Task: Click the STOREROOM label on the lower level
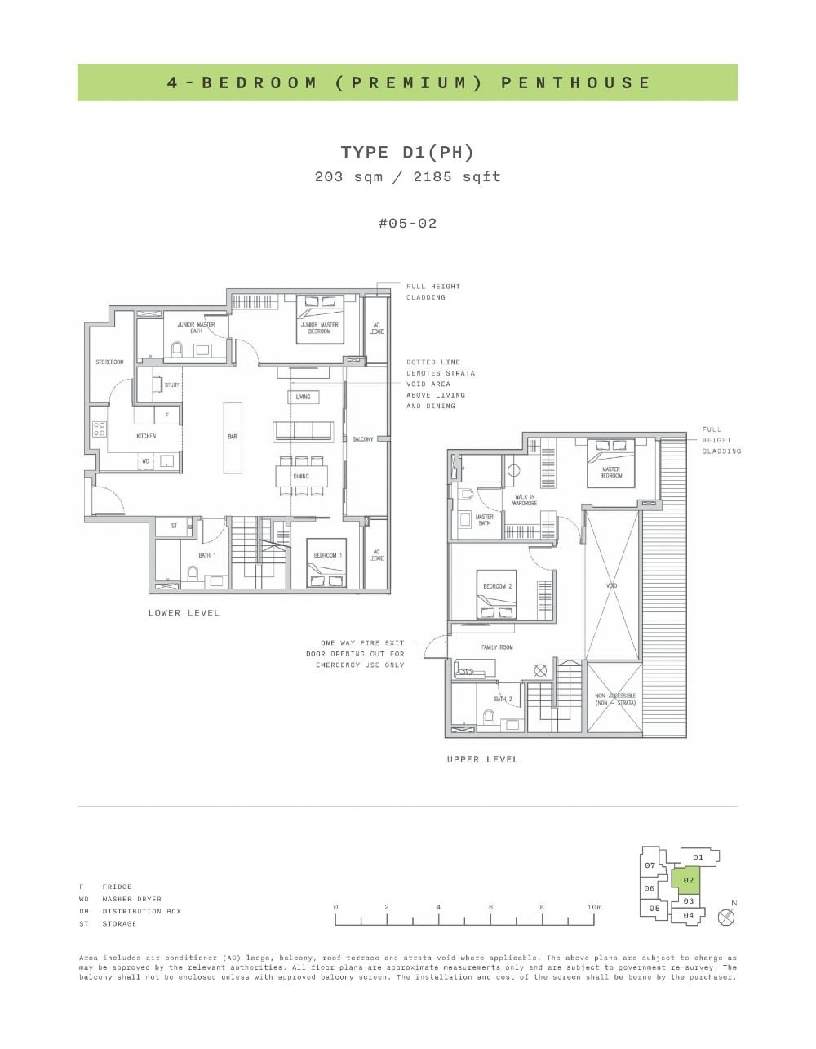109,362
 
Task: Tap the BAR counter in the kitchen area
233,437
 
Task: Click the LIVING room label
303,398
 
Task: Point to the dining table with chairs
302,476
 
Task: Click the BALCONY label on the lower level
363,439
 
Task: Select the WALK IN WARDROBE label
524,500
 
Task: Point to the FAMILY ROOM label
497,647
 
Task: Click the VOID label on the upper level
612,586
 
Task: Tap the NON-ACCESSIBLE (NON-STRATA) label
615,699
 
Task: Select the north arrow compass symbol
726,917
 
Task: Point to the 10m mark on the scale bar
595,908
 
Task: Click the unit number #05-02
407,223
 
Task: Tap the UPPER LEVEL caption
482,759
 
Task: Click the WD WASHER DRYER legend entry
120,899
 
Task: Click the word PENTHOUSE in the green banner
576,82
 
